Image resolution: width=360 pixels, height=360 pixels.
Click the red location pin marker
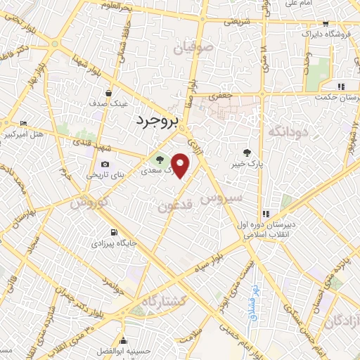tap(181, 166)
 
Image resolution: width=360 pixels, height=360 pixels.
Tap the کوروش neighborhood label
tap(87, 203)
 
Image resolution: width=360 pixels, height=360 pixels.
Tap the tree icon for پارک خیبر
tap(247, 153)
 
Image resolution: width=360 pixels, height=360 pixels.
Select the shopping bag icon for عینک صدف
tap(108, 92)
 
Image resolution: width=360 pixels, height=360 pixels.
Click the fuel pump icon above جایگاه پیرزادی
tap(112, 232)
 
